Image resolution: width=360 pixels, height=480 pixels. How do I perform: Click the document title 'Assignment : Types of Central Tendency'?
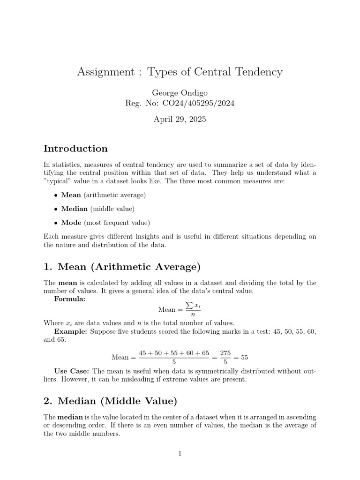point(180,72)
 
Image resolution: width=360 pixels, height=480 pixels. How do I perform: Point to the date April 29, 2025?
point(180,119)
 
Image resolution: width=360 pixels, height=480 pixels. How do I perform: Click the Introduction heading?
point(75,149)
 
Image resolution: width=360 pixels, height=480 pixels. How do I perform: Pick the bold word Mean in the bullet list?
point(71,195)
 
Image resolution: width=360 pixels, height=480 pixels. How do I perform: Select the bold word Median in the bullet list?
point(74,209)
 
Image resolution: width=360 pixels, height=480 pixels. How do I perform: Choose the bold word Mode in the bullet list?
point(71,223)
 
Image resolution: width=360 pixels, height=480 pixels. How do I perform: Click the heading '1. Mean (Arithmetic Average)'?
point(122,267)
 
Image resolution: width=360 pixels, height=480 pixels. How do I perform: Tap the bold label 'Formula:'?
point(70,300)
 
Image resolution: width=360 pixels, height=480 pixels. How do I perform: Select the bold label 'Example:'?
point(70,331)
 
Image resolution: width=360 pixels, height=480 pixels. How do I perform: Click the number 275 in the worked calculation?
point(225,352)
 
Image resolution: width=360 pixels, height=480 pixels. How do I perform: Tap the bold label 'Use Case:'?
point(72,371)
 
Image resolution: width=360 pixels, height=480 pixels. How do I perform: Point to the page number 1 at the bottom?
point(180,453)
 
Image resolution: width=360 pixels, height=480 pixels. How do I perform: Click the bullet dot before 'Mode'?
point(56,223)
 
